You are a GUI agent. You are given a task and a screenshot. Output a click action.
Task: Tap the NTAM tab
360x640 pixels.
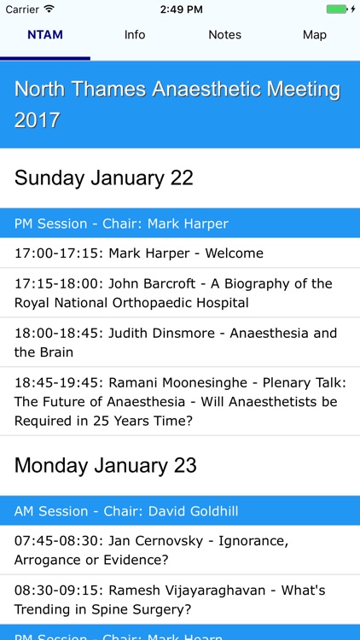pyautogui.click(x=45, y=35)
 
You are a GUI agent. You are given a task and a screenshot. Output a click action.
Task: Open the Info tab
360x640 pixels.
pyautogui.click(x=135, y=35)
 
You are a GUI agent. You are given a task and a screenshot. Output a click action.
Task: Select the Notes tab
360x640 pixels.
pyautogui.click(x=225, y=35)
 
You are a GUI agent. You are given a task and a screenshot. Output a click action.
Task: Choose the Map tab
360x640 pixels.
pyautogui.click(x=315, y=35)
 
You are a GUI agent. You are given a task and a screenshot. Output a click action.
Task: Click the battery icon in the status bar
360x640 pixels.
pyautogui.click(x=338, y=9)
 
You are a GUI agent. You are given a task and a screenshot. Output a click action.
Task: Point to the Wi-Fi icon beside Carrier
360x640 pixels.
pyautogui.click(x=49, y=9)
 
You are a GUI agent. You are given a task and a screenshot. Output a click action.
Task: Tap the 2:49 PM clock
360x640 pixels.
pyautogui.click(x=180, y=9)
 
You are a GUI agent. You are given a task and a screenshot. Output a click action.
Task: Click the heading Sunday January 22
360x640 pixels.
pyautogui.click(x=104, y=177)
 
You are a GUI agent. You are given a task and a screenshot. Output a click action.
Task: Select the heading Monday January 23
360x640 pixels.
pyautogui.click(x=106, y=465)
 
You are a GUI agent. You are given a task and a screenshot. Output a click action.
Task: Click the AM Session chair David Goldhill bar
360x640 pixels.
pyautogui.click(x=126, y=511)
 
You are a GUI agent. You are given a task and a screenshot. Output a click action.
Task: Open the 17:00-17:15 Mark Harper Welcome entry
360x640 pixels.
pyautogui.click(x=139, y=253)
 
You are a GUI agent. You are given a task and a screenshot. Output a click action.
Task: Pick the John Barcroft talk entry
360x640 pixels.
pyautogui.click(x=173, y=293)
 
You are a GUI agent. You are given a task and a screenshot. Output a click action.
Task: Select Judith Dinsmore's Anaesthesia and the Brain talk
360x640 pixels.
pyautogui.click(x=176, y=342)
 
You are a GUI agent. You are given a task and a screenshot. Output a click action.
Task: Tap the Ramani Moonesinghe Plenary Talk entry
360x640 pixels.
pyautogui.click(x=180, y=401)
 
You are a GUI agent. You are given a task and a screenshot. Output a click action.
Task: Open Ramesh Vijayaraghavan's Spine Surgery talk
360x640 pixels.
pyautogui.click(x=170, y=600)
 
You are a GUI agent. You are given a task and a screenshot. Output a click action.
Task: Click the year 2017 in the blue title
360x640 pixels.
pyautogui.click(x=38, y=120)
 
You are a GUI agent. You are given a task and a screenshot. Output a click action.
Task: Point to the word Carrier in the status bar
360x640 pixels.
pyautogui.click(x=21, y=9)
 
